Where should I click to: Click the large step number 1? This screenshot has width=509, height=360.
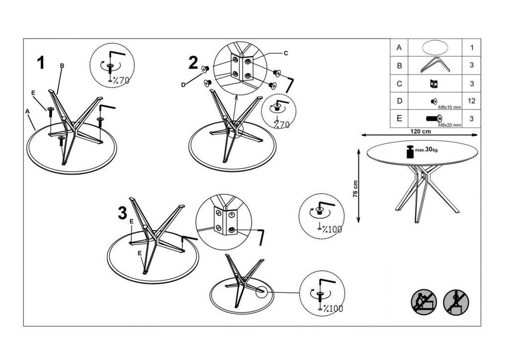point(41,63)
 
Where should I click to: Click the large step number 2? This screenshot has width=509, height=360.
point(193,63)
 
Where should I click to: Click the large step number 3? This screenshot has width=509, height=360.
point(122,213)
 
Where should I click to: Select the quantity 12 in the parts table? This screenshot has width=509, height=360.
point(471,101)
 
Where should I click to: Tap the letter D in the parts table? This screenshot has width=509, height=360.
point(399,101)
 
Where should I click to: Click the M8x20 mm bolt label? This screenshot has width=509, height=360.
point(450,125)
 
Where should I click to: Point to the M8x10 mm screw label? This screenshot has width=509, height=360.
point(450,107)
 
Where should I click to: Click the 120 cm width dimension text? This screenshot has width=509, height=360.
point(420,132)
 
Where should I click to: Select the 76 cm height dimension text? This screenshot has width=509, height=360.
point(355,189)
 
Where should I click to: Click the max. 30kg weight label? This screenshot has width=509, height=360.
point(427,150)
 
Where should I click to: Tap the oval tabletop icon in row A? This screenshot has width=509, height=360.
point(434,47)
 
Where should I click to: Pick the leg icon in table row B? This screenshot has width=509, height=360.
point(434,65)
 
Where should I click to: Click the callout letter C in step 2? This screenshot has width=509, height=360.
point(286,53)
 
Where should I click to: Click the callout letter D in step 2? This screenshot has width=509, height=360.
point(183,85)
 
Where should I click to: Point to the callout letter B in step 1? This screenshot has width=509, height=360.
point(62,66)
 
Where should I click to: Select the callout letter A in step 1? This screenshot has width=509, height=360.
point(27,112)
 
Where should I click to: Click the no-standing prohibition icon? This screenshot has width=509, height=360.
point(455,302)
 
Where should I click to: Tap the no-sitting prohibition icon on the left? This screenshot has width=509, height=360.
point(424,302)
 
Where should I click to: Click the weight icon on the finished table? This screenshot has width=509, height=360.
point(410,152)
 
